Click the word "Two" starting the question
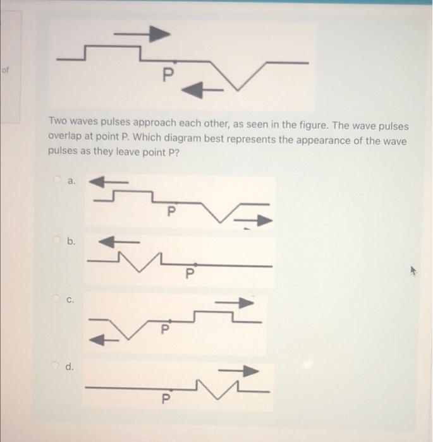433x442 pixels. click(x=58, y=126)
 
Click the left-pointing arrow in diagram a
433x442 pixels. click(x=108, y=182)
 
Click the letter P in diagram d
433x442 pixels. click(x=166, y=398)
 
